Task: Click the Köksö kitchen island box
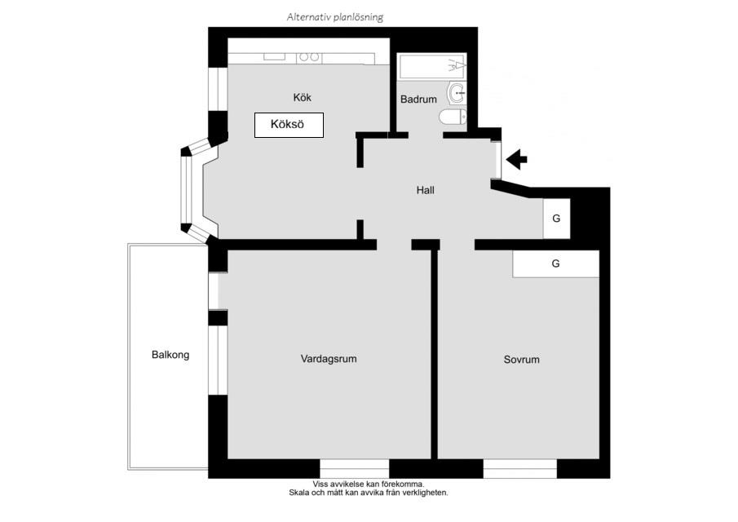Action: pyautogui.click(x=289, y=125)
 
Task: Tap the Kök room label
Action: pyautogui.click(x=303, y=97)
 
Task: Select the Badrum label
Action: pyautogui.click(x=418, y=100)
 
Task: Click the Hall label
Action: pyautogui.click(x=426, y=190)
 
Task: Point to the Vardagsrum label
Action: pyautogui.click(x=329, y=359)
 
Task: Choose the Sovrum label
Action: pyautogui.click(x=522, y=360)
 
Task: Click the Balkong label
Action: pyautogui.click(x=170, y=355)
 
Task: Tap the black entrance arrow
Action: pyautogui.click(x=517, y=158)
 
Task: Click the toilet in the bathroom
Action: pyautogui.click(x=453, y=117)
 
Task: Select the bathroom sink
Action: pyautogui.click(x=457, y=93)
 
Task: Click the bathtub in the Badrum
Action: pyautogui.click(x=432, y=66)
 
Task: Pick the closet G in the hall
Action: pyautogui.click(x=556, y=219)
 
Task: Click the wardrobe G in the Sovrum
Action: pyautogui.click(x=556, y=263)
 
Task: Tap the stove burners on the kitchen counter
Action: pyautogui.click(x=309, y=57)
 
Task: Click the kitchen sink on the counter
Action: pyautogui.click(x=274, y=56)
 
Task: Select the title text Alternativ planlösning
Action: pyautogui.click(x=335, y=17)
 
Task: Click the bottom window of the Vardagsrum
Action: pyautogui.click(x=355, y=469)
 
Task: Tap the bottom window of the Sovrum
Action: pyautogui.click(x=520, y=469)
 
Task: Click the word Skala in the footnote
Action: pyautogui.click(x=299, y=493)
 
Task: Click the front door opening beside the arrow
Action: pyautogui.click(x=496, y=160)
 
